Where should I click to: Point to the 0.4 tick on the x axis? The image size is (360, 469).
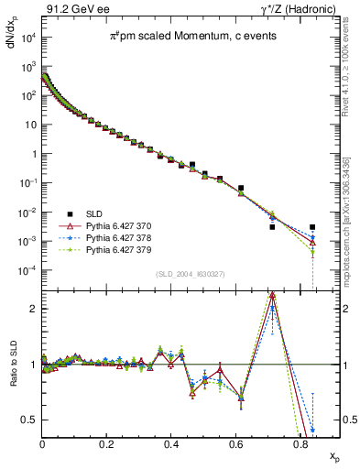171,442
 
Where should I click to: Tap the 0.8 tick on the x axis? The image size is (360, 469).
300,442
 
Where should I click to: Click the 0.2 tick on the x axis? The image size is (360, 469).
107,442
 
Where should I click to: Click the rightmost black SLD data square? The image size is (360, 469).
312,226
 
